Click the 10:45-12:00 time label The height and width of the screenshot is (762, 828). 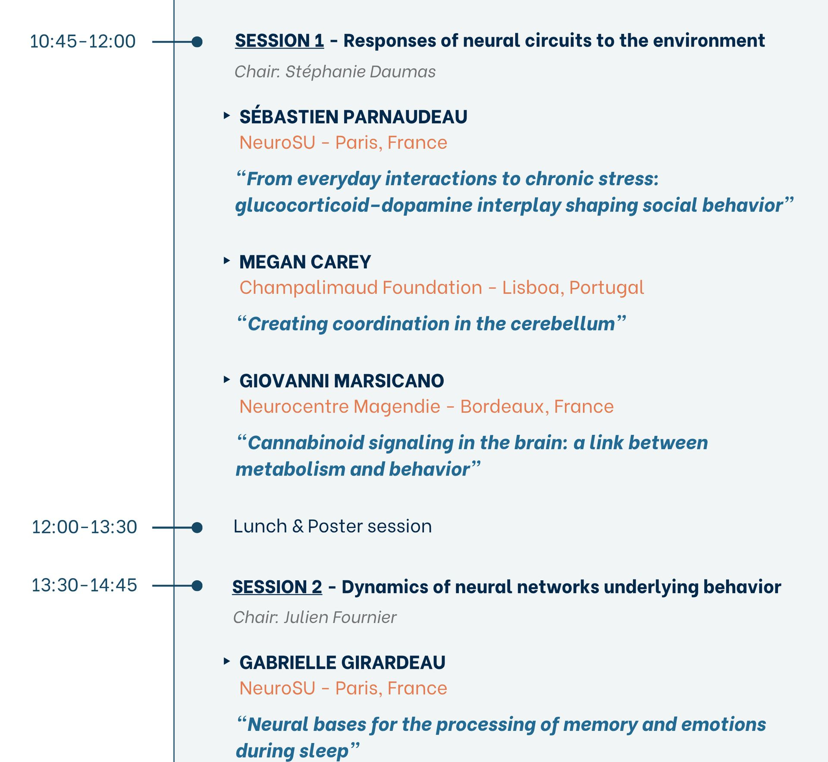click(x=83, y=41)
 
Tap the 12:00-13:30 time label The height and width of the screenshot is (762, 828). click(x=84, y=527)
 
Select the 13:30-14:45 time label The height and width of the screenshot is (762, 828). click(x=84, y=585)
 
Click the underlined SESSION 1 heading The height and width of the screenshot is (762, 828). click(x=279, y=41)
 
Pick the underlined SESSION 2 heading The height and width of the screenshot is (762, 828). click(x=277, y=587)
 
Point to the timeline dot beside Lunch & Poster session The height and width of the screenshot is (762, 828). click(x=197, y=527)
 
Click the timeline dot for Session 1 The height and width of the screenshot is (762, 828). click(x=197, y=42)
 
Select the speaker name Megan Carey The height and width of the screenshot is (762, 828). click(x=305, y=262)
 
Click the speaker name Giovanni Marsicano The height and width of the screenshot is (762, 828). click(x=342, y=381)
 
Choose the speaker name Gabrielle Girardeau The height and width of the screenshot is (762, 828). click(x=342, y=662)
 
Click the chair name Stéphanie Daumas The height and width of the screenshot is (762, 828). click(x=361, y=72)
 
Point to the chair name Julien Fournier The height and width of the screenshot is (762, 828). click(x=340, y=617)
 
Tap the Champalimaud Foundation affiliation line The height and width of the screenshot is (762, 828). click(x=442, y=288)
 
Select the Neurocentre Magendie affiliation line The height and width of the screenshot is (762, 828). click(x=427, y=406)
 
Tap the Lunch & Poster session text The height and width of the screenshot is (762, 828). click(x=332, y=526)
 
